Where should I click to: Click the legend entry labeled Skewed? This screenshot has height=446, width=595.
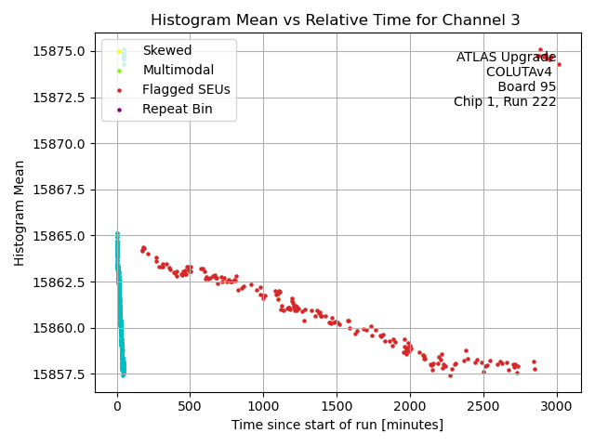pyautogui.click(x=167, y=50)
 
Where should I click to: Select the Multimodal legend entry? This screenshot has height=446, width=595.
pyautogui.click(x=178, y=70)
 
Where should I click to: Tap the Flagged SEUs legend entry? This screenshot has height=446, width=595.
pyautogui.click(x=186, y=89)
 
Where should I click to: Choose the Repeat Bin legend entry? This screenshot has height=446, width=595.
pyautogui.click(x=177, y=109)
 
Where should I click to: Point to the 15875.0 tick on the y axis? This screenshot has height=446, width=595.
pyautogui.click(x=61, y=51)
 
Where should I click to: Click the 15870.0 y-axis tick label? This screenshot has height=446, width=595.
pyautogui.click(x=61, y=143)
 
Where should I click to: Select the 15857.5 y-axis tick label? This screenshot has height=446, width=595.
pyautogui.click(x=61, y=374)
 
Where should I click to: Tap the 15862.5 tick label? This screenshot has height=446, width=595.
pyautogui.click(x=61, y=282)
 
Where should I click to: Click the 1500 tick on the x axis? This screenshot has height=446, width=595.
pyautogui.click(x=337, y=406)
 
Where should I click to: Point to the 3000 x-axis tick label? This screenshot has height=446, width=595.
pyautogui.click(x=556, y=406)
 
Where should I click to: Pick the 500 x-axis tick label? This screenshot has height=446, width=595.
pyautogui.click(x=190, y=406)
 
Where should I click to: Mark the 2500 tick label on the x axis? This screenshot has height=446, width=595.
pyautogui.click(x=483, y=406)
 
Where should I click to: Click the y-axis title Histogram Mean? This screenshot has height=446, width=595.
pyautogui.click(x=20, y=213)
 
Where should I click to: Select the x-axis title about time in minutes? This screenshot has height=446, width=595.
pyautogui.click(x=336, y=425)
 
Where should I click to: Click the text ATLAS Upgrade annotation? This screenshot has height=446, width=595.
pyautogui.click(x=506, y=58)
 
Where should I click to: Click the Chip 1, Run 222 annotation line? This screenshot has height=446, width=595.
pyautogui.click(x=505, y=102)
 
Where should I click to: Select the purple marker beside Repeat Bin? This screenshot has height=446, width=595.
pyautogui.click(x=120, y=109)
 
